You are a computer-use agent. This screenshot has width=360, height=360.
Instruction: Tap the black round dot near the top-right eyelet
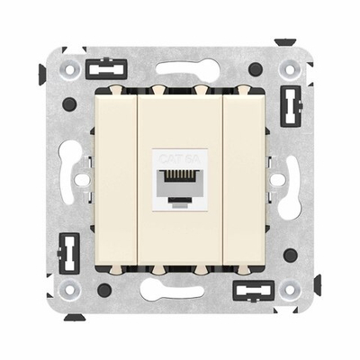[256, 69]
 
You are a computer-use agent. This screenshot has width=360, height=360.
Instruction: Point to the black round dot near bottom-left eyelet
[104, 290]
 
